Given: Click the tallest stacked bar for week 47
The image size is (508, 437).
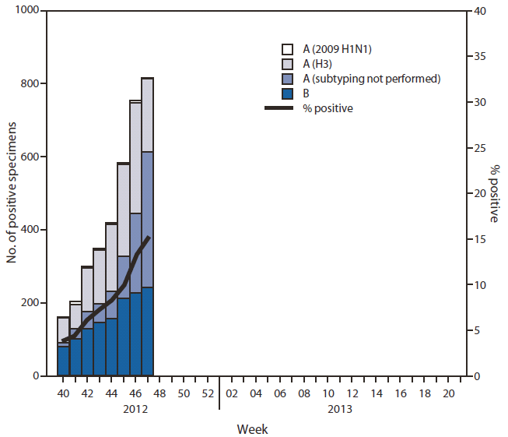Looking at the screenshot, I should [x=147, y=234].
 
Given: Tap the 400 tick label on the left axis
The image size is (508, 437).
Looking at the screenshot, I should [x=32, y=230].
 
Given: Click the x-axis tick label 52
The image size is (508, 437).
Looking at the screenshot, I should [x=208, y=394].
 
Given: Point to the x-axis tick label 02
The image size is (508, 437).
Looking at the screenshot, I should [x=232, y=394].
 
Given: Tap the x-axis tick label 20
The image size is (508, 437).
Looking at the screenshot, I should [x=449, y=394].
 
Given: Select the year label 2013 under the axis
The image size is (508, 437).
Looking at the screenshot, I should [x=340, y=409].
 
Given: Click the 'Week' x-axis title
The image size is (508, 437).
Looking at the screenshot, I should [x=253, y=429].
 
